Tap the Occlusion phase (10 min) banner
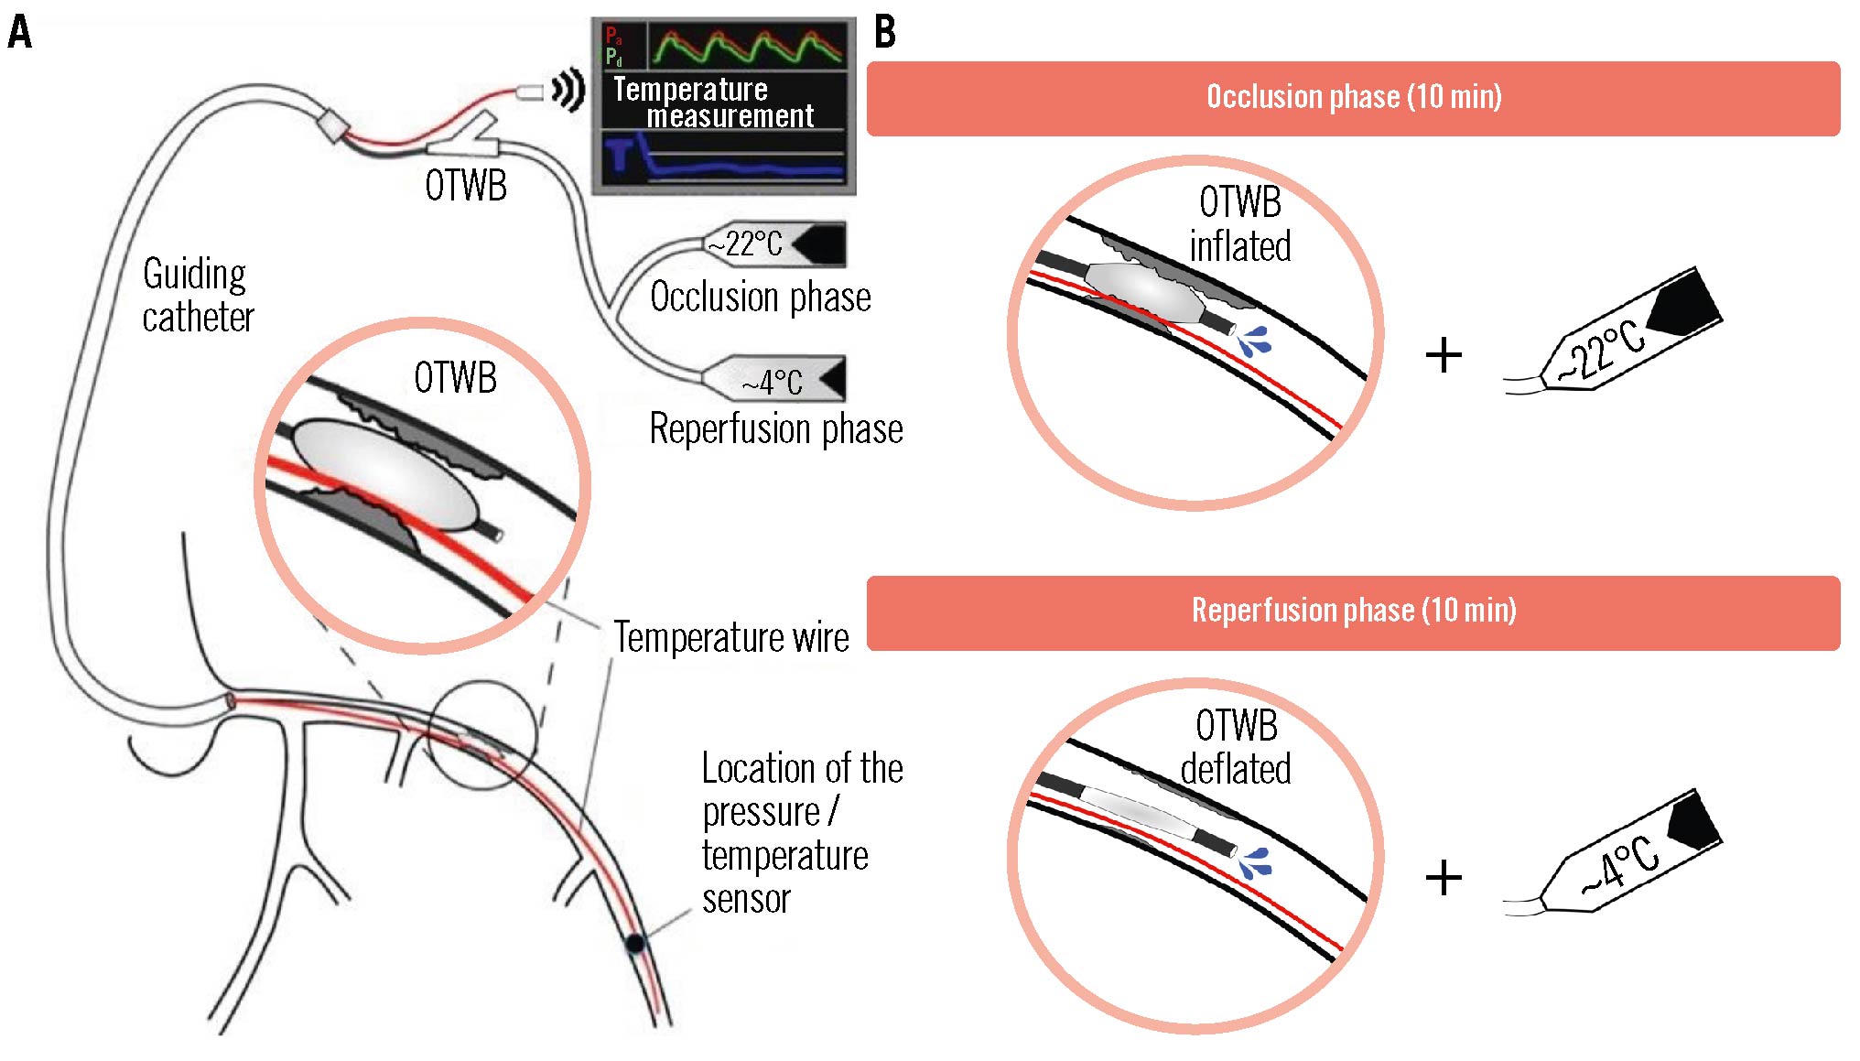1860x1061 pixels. click(x=1353, y=98)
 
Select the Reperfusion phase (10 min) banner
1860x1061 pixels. click(x=1353, y=612)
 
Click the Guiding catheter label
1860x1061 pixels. click(x=197, y=296)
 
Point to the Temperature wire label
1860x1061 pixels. click(x=730, y=637)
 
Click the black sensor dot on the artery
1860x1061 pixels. click(x=634, y=942)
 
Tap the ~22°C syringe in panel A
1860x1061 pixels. click(x=776, y=244)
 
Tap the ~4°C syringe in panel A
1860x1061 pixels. click(x=776, y=379)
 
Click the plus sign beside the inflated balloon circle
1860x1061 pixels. click(x=1444, y=355)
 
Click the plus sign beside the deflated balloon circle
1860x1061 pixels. click(x=1444, y=877)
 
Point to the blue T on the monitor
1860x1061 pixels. click(x=621, y=153)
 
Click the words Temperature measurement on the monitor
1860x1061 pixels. click(x=712, y=103)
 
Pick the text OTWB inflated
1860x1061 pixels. click(x=1240, y=224)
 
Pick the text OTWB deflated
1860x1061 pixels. click(x=1236, y=747)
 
